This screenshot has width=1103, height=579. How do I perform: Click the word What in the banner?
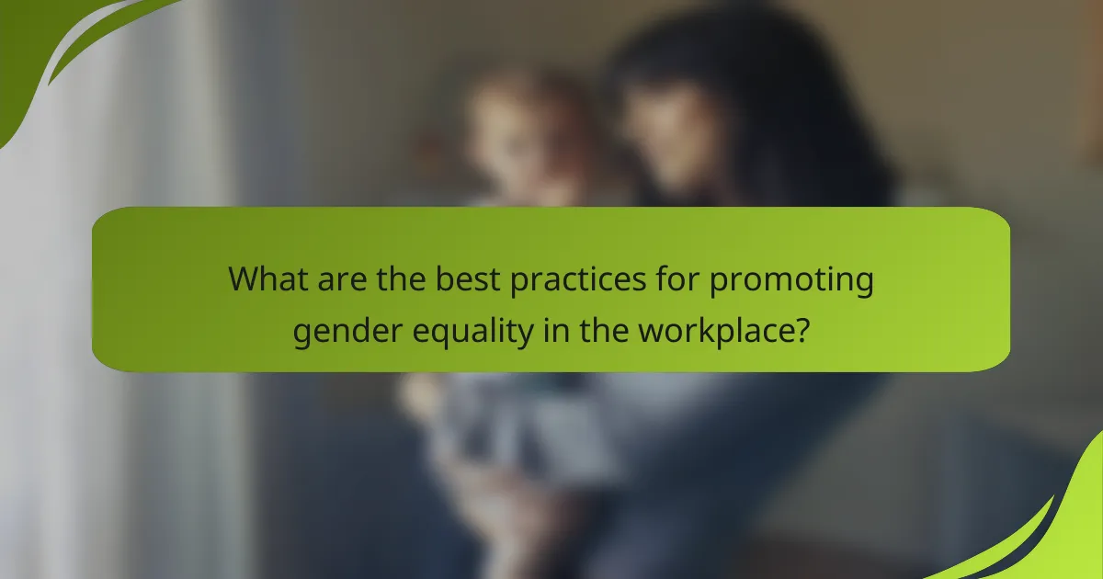point(268,279)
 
